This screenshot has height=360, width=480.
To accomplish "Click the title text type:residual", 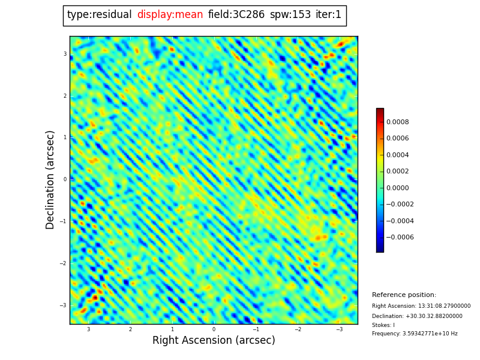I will [99, 15].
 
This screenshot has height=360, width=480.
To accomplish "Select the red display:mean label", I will [170, 15].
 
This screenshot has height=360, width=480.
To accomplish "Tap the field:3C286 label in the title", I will [236, 15].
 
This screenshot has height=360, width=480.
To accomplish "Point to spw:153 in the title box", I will [290, 15].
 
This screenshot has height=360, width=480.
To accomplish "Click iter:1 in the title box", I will [328, 15].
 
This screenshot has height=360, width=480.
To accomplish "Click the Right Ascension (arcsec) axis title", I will [214, 341].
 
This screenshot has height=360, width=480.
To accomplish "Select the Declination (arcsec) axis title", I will [50, 179].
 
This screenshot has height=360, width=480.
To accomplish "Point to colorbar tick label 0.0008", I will [397, 122].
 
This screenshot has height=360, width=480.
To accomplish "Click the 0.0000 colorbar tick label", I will [397, 188].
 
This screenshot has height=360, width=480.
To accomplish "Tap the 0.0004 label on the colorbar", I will [397, 155].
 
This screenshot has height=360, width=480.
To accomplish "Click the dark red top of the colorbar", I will [380, 111].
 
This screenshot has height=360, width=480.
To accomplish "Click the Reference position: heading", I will [404, 295].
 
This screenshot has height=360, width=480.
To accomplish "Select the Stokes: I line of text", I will [383, 325].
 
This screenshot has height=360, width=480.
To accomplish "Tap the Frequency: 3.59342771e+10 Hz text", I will [415, 334].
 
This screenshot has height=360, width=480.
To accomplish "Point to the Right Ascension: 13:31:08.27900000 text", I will [421, 306].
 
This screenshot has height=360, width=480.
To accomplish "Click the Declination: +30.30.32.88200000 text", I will [417, 316].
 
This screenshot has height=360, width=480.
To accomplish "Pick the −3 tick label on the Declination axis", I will [63, 305].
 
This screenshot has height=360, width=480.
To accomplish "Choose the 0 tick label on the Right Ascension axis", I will [214, 329].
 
